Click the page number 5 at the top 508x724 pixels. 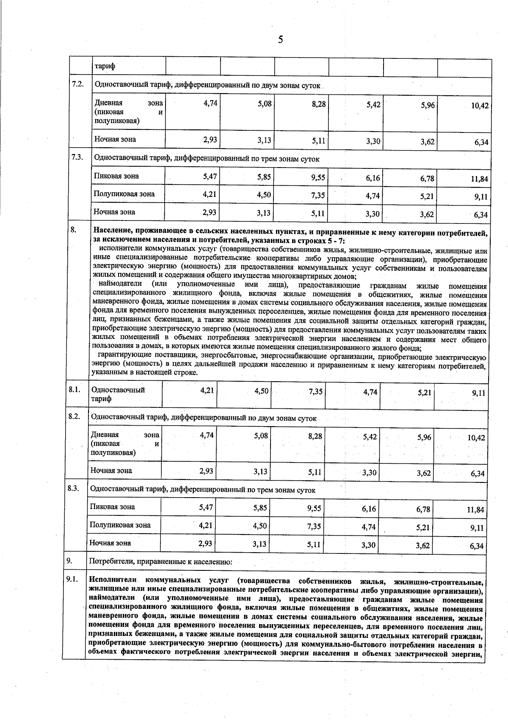280,40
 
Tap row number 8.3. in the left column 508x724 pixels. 74,488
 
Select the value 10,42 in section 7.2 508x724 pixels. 480,106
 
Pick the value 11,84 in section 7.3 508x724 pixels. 479,179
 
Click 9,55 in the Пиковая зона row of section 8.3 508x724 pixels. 315,508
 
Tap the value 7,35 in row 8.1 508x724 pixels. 316,392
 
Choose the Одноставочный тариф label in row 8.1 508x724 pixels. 118,394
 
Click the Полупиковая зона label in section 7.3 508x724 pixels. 124,194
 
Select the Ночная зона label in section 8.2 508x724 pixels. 111,470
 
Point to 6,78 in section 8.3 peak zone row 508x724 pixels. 423,509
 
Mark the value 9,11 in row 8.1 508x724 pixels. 478,393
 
